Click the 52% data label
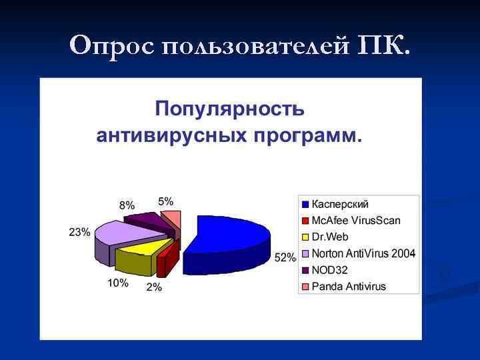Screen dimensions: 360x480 [x=285, y=258]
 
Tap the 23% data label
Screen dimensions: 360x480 [x=79, y=232]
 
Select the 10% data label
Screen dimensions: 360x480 [x=117, y=283]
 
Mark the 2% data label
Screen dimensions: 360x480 [x=154, y=287]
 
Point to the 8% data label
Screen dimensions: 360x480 [x=127, y=205]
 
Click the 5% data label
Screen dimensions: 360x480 [x=165, y=201]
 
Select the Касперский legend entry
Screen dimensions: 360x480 [x=340, y=204]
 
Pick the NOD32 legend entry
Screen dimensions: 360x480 [x=329, y=270]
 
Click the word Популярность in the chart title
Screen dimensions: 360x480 [x=230, y=109]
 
